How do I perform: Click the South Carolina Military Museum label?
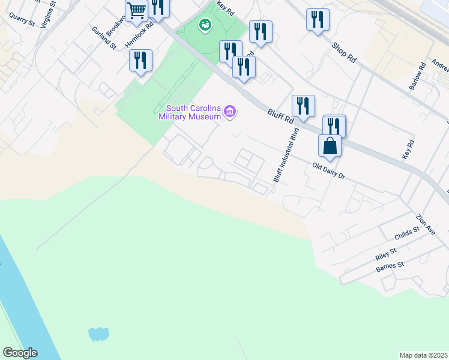click(x=190, y=112)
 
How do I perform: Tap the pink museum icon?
click(x=229, y=112)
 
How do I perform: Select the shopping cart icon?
click(x=137, y=10)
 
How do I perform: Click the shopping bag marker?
click(x=330, y=145)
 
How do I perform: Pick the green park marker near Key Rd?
click(x=205, y=25)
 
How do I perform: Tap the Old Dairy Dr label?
click(x=329, y=171)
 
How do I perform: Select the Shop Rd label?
click(x=344, y=51)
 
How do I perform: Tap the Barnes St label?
click(x=390, y=266)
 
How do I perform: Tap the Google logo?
click(x=19, y=353)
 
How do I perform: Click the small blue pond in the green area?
click(x=98, y=334)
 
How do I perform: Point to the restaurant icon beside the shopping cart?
click(x=158, y=8)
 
